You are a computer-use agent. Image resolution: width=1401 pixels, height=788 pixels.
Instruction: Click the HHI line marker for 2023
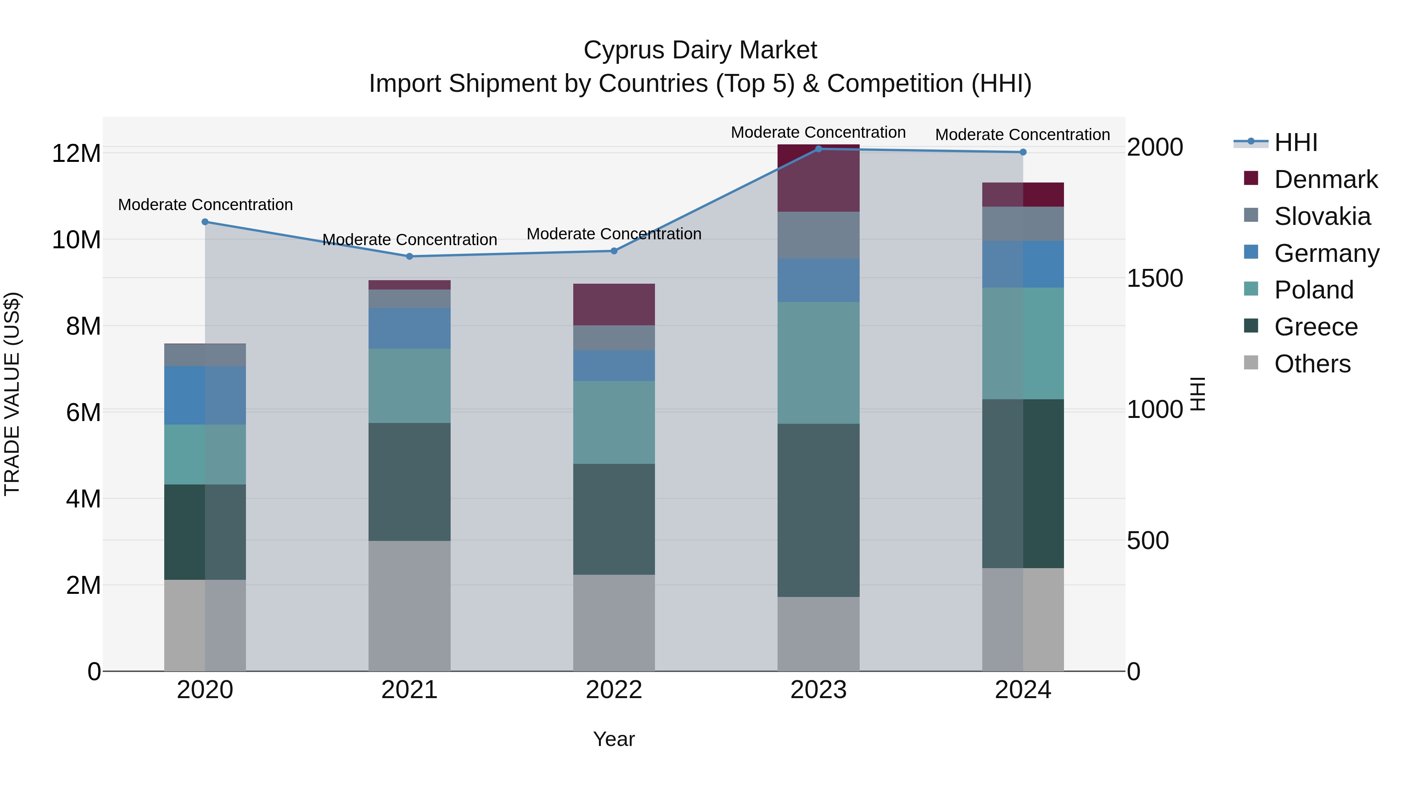tap(818, 149)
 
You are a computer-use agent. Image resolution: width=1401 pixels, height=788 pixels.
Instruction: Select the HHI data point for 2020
tap(205, 222)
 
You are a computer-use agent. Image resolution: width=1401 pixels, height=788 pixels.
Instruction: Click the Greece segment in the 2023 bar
tap(818, 510)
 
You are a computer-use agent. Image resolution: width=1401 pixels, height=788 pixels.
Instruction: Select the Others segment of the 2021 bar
tap(409, 605)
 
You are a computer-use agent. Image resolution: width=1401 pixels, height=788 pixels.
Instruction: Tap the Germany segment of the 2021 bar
tap(409, 328)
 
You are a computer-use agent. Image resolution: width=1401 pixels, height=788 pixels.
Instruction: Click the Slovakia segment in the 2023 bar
tap(818, 235)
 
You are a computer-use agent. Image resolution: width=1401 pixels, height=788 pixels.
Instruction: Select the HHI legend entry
tap(1296, 142)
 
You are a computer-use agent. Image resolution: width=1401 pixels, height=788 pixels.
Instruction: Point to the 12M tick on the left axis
tap(76, 153)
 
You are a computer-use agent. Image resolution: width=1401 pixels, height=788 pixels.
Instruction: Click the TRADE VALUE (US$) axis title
tap(12, 394)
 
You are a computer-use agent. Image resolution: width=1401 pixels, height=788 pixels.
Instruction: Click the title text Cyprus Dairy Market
tap(700, 50)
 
